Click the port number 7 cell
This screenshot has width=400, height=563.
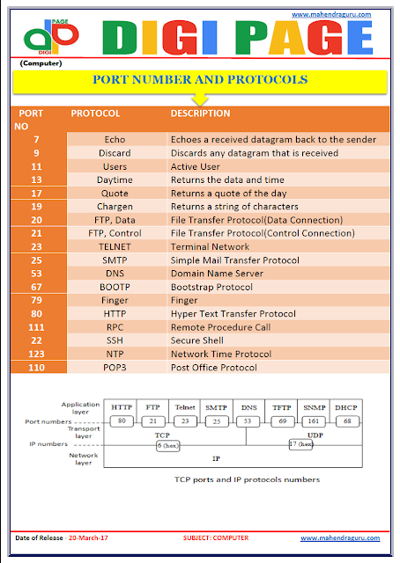tap(36, 139)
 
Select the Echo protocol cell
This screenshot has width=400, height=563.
tap(115, 139)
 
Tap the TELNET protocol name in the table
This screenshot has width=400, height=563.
tap(115, 247)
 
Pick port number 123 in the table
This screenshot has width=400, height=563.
tap(36, 355)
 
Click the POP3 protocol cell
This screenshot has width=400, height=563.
tap(115, 368)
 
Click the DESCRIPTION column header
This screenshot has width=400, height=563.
tap(200, 113)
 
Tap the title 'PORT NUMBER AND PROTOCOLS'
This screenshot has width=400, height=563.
tap(200, 80)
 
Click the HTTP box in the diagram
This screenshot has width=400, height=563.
tap(122, 408)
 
